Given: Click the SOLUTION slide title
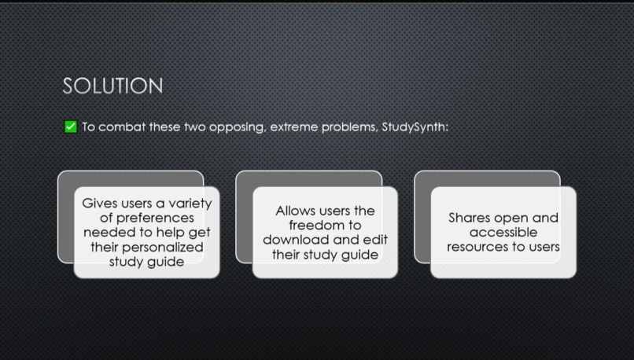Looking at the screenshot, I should point(112,86).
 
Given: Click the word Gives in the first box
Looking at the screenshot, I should point(101,204).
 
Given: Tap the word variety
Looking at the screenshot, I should point(190,204).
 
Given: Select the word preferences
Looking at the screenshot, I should point(147,218).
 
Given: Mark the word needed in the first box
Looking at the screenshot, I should point(105,233).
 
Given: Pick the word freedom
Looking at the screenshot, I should point(325,225).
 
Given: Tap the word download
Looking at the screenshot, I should point(294,239).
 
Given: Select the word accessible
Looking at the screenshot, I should point(503,233).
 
